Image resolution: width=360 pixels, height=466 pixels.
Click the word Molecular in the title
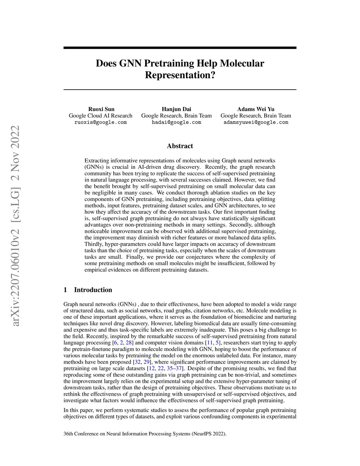tap(242, 63)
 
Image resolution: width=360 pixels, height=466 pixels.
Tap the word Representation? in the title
tap(180, 75)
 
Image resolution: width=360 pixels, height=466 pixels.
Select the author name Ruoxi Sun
tap(101, 109)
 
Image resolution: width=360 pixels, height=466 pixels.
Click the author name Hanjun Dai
tap(176, 109)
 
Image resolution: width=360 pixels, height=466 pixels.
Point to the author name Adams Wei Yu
tap(256, 109)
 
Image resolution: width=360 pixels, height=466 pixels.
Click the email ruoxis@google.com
tap(101, 122)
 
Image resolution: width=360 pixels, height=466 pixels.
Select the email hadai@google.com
tap(176, 122)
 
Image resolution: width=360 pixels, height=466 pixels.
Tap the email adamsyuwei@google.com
tap(256, 122)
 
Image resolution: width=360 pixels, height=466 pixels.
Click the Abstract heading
tap(180, 146)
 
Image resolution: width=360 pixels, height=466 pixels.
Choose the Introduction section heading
tap(93, 290)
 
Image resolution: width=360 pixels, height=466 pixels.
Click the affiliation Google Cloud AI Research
tap(101, 116)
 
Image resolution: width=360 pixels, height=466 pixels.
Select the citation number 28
tap(129, 343)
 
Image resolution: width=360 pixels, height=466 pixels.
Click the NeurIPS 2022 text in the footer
tap(208, 434)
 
